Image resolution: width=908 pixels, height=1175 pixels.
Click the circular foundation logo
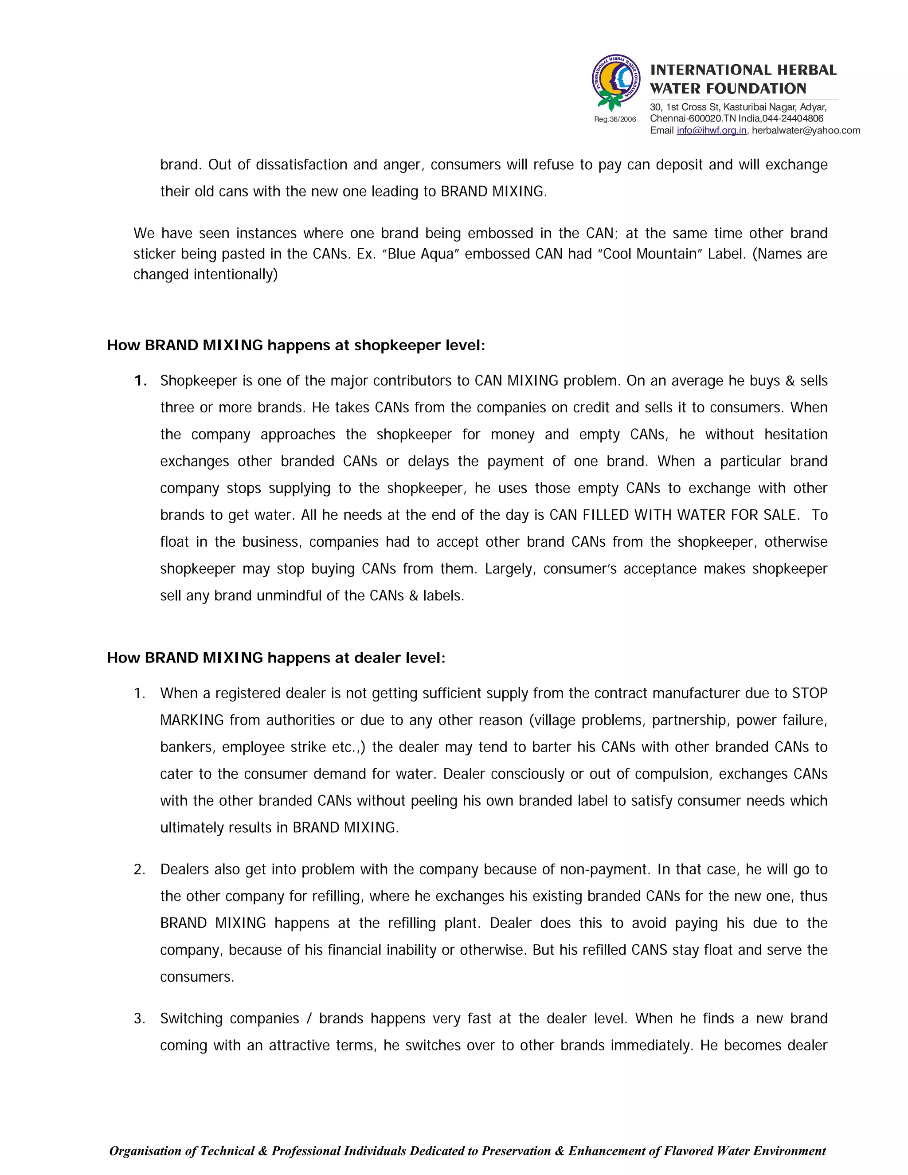(x=616, y=82)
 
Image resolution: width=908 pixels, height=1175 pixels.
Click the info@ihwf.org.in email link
(x=711, y=130)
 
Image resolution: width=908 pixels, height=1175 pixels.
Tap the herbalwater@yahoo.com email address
(x=805, y=130)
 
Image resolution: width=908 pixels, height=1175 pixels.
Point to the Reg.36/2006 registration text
(x=615, y=119)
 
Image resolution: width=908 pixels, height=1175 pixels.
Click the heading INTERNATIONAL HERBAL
(x=743, y=70)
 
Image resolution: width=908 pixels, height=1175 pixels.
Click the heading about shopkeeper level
(x=295, y=345)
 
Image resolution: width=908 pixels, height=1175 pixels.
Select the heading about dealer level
(x=275, y=658)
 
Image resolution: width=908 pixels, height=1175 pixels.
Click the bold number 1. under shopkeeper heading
(x=141, y=381)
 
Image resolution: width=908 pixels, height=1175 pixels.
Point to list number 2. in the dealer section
(x=139, y=869)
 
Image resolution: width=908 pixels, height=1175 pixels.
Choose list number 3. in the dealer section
(x=139, y=1018)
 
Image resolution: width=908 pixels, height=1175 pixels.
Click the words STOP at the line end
(x=809, y=693)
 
